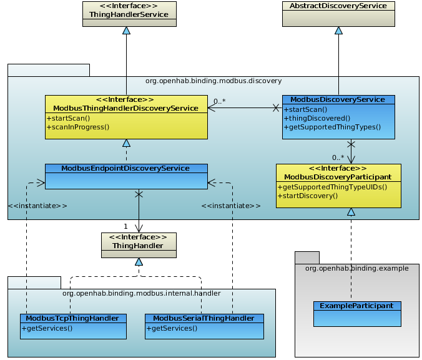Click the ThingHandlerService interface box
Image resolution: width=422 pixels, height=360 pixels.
(129, 14)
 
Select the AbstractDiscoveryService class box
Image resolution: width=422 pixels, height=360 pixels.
(338, 14)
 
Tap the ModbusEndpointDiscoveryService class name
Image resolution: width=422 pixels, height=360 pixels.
(125, 168)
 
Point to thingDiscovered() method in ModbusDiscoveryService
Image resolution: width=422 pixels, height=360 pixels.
(317, 118)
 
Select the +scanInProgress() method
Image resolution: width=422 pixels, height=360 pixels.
(78, 127)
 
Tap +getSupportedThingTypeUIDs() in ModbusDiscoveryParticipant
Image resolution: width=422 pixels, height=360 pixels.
(331, 187)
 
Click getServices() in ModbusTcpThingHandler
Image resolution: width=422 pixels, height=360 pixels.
(47, 327)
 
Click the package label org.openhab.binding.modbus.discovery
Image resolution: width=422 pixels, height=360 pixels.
(213, 81)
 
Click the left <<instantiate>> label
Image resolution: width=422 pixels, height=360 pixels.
(37, 205)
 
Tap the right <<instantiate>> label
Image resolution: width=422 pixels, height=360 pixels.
(231, 205)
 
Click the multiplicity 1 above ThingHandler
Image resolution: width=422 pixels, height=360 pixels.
(125, 226)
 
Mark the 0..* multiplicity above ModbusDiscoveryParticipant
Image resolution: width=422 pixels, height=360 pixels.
(338, 157)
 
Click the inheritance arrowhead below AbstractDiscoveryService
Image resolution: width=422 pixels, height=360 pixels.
(338, 30)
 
